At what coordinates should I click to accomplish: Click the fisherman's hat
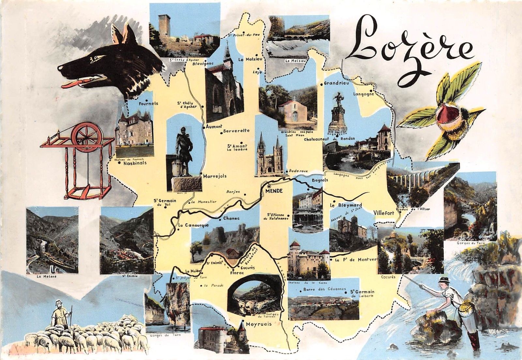click(443, 280)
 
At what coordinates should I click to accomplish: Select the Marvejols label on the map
click(214, 176)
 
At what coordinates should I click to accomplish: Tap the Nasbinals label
click(135, 163)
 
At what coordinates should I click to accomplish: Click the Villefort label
click(384, 212)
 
